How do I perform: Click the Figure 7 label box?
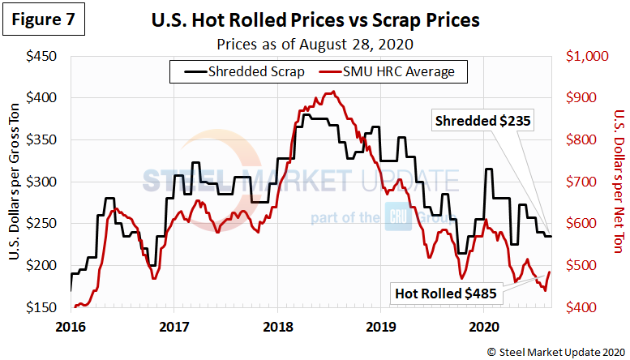44,21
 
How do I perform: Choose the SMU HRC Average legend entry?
391,71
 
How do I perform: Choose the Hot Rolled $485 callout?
445,292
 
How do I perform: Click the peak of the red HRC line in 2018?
330,92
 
